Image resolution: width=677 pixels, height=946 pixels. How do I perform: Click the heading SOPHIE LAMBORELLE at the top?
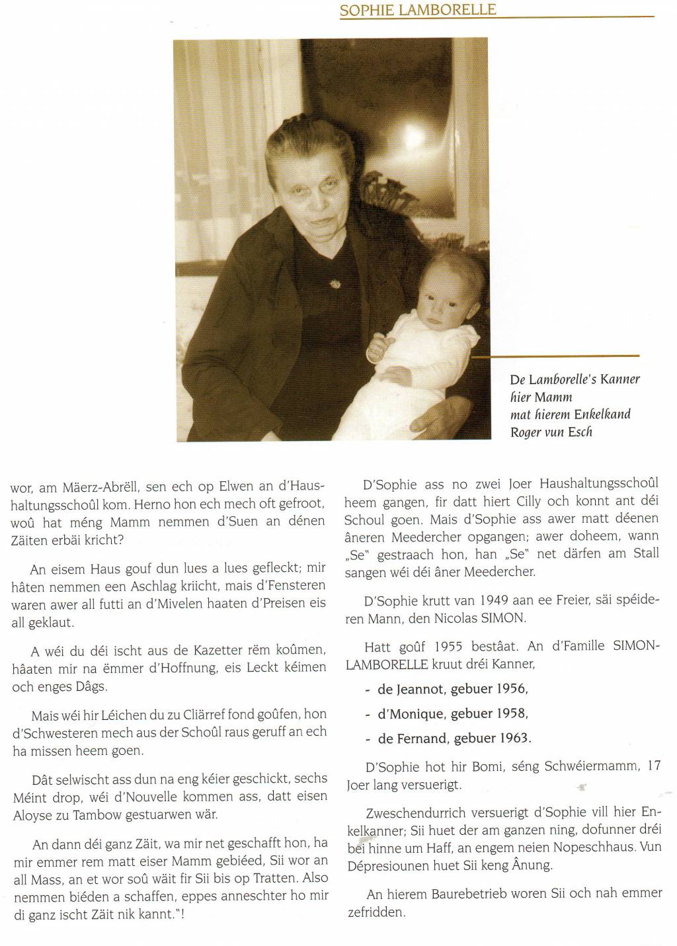tap(417, 10)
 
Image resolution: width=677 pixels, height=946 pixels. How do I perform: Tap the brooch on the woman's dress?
tap(335, 284)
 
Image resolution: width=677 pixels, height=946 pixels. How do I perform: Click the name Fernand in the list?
tap(419, 738)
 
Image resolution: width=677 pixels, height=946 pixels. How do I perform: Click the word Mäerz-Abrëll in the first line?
tap(95, 488)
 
